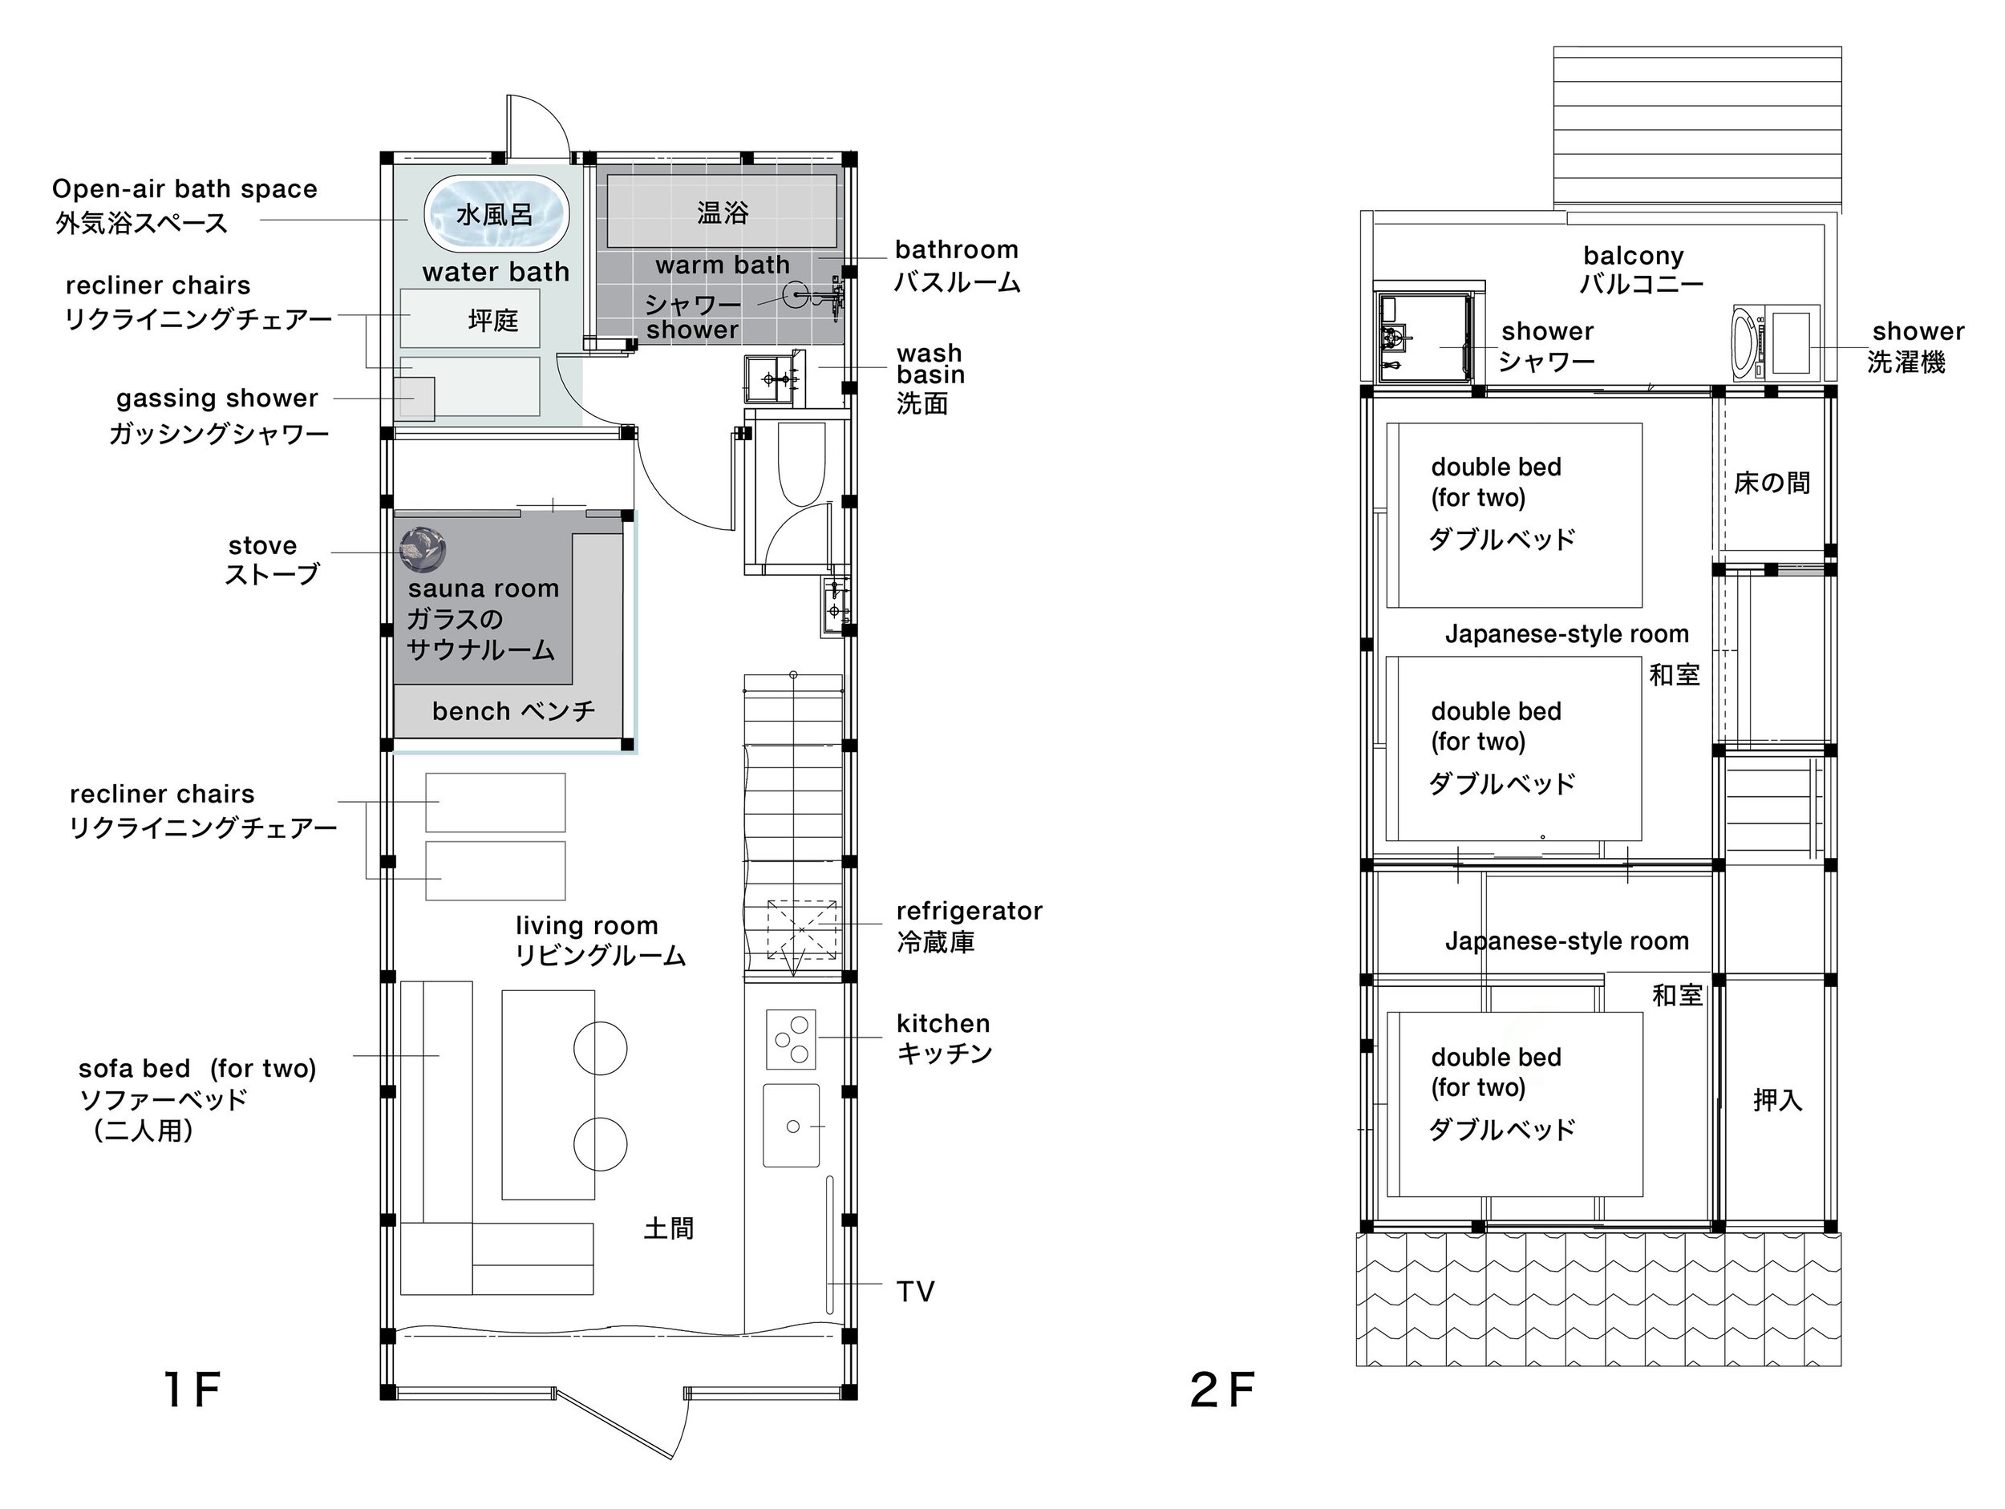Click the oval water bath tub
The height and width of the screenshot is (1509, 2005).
coord(496,214)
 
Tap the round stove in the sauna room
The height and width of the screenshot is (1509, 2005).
coord(423,550)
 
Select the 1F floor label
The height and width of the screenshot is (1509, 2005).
coord(192,1390)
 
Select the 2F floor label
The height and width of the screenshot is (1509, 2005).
coord(1223,1390)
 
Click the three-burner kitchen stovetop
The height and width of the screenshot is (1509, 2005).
coord(792,1039)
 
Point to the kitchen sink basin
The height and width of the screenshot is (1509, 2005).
coord(792,1126)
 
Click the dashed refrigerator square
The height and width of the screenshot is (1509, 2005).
coord(801,930)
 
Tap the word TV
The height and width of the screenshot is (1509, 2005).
coord(916,1292)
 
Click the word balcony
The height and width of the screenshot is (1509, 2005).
coord(1634,256)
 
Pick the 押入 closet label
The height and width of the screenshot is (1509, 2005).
coord(1777,1100)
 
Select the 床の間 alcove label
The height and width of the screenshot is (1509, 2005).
coord(1772,483)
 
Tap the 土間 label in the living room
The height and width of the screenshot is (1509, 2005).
coord(669,1228)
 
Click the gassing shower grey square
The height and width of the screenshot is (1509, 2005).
coord(418,398)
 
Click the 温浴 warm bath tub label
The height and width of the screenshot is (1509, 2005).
coord(723,213)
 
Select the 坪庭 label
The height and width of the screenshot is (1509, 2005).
coord(493,320)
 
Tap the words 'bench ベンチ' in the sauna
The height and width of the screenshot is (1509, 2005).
coord(514,710)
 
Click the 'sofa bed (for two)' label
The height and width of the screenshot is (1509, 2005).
coord(197,1069)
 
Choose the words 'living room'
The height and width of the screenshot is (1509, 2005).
coord(586,925)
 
